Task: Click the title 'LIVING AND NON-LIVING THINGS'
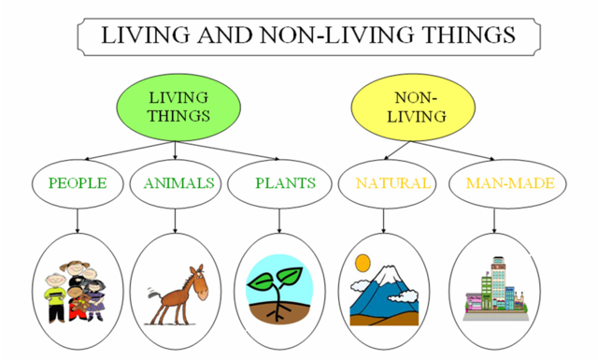308,35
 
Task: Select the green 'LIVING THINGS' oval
178,108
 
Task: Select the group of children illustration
74,291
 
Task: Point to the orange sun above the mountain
363,263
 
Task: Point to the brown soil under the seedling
281,314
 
